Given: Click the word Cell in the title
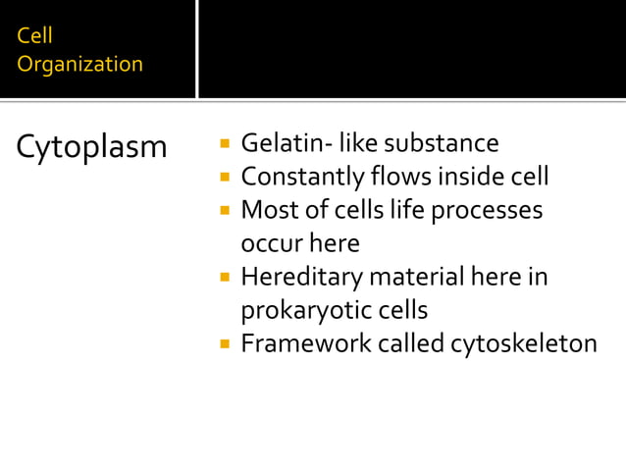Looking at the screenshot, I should coord(35,36).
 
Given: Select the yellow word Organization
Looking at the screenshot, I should coord(80,65).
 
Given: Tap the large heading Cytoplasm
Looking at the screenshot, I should coord(92,148).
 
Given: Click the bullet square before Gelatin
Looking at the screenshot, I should coord(225,145).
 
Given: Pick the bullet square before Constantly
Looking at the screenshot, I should coord(225,179).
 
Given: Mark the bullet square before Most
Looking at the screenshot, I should coord(225,212).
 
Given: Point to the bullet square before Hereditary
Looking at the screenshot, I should coord(225,279).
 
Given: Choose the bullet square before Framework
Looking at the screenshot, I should coord(225,345).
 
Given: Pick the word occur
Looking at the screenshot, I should coord(270,243).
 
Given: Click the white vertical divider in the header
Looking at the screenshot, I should coord(197,49).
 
